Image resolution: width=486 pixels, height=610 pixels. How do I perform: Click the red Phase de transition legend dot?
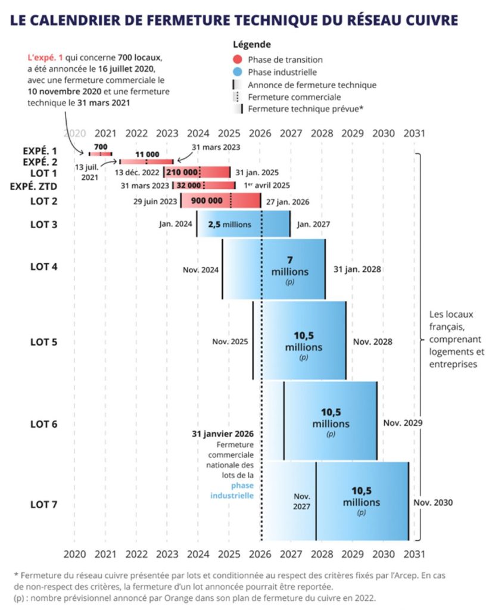[238, 60]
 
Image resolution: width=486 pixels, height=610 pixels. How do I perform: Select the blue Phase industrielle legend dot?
[238, 72]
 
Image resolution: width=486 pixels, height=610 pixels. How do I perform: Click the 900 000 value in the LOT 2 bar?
[207, 201]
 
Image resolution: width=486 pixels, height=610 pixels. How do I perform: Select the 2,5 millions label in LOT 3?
[229, 225]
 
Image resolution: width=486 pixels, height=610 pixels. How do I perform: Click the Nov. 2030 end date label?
[433, 503]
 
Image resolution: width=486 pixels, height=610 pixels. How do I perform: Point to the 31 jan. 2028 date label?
[357, 269]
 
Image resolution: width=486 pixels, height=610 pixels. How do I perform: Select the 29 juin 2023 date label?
[155, 201]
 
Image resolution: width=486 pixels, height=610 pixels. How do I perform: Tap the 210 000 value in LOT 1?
[182, 172]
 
